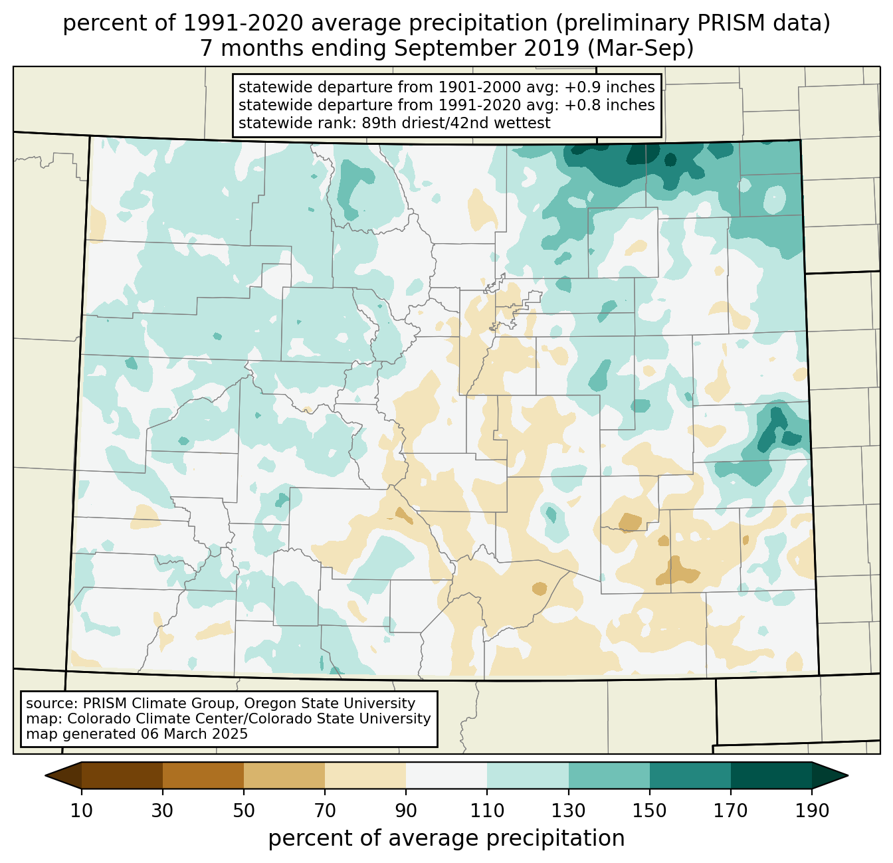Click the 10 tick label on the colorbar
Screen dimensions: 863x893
82,811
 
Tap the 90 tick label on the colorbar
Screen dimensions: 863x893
406,811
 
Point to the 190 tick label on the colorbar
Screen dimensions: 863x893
812,811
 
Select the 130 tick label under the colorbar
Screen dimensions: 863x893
569,811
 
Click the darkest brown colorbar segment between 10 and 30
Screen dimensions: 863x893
122,775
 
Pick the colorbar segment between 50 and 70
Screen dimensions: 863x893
284,775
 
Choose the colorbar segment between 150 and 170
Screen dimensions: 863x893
690,775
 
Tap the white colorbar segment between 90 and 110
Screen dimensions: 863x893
446,775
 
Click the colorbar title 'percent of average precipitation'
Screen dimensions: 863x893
446,838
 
